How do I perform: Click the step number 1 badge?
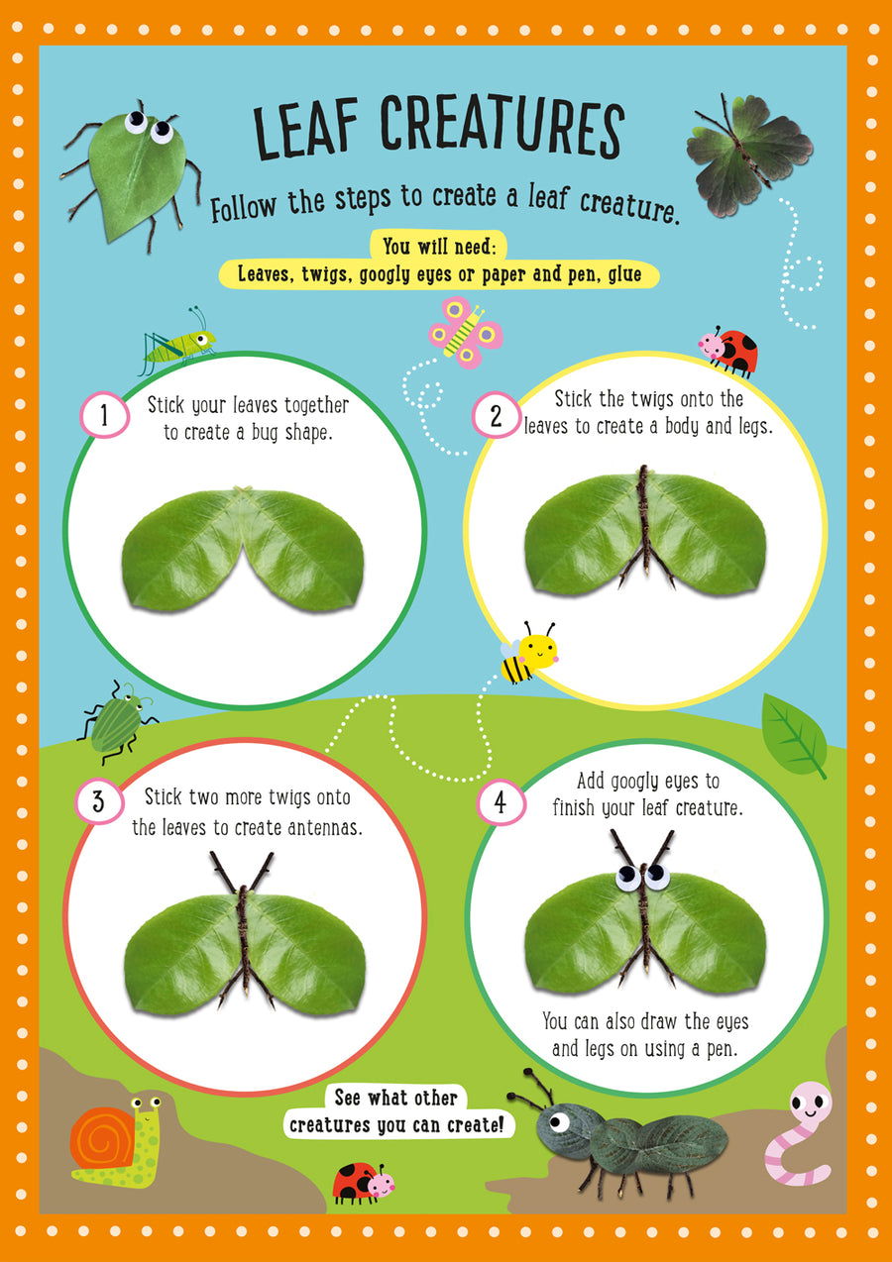click(x=103, y=416)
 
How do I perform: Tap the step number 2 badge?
click(x=496, y=416)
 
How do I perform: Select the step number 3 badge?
click(x=99, y=800)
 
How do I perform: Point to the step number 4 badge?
click(x=500, y=801)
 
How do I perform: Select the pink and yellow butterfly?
click(x=464, y=333)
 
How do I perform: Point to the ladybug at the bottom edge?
click(x=363, y=1181)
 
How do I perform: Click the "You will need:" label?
click(x=439, y=246)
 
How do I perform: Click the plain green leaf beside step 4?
click(x=794, y=734)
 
